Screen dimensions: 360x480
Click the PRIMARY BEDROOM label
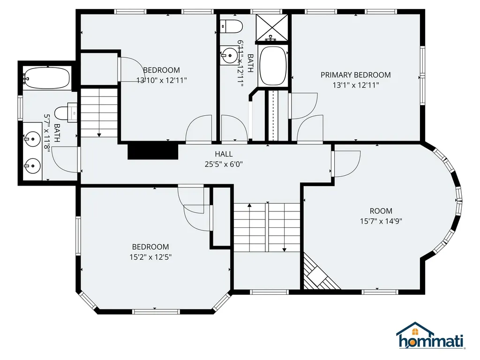tap(355, 75)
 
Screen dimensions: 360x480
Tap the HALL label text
tap(224, 154)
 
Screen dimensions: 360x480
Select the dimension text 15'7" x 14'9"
tap(381, 221)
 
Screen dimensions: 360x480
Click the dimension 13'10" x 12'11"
tap(162, 80)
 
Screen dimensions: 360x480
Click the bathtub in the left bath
tap(47, 77)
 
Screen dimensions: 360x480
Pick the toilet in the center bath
tap(231, 26)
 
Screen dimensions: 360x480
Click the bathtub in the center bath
tap(272, 65)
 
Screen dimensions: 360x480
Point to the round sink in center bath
tap(229, 55)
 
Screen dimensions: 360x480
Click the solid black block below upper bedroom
tap(153, 151)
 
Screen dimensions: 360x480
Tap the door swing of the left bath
tap(65, 159)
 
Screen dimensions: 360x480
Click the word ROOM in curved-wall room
tap(381, 211)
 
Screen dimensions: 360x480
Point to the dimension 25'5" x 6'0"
tap(224, 164)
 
